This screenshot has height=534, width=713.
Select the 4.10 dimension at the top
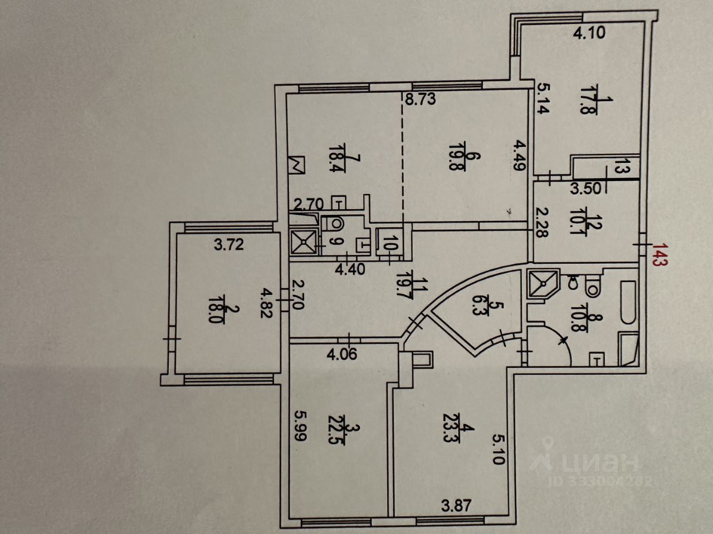[589, 33]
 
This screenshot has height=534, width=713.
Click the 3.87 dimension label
[456, 506]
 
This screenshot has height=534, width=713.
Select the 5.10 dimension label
[497, 448]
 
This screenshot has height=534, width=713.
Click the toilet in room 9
[333, 224]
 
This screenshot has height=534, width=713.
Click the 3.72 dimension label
[229, 244]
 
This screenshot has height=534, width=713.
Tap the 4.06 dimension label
[341, 354]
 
